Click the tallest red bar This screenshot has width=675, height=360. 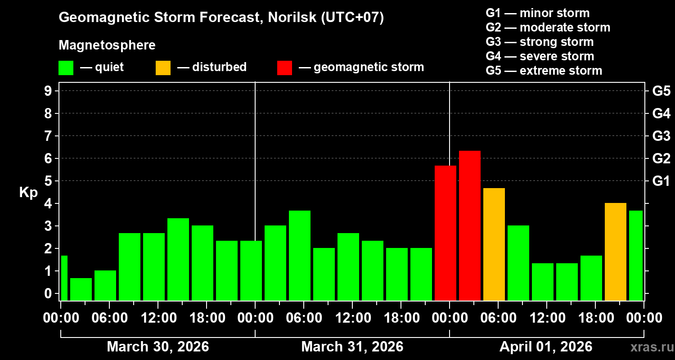coord(470,225)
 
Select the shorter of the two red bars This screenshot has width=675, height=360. coord(445,233)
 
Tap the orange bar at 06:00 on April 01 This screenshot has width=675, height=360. coord(494,244)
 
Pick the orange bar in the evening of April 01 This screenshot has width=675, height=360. coord(616,252)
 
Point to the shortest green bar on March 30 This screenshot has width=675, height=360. coord(81,289)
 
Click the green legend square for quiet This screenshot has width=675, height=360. coord(66,67)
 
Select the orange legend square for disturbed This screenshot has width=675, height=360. coord(163,67)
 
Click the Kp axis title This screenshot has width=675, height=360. coord(28,192)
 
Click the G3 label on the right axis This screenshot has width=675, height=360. coord(661,136)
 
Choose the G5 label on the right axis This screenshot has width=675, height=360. coord(661,91)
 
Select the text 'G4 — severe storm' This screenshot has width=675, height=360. coord(540,56)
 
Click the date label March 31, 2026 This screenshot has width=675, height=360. coord(352,347)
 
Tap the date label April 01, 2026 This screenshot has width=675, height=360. coord(546,347)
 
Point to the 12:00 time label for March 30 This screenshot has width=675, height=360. coord(158,318)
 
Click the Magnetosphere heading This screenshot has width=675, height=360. coord(107,45)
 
